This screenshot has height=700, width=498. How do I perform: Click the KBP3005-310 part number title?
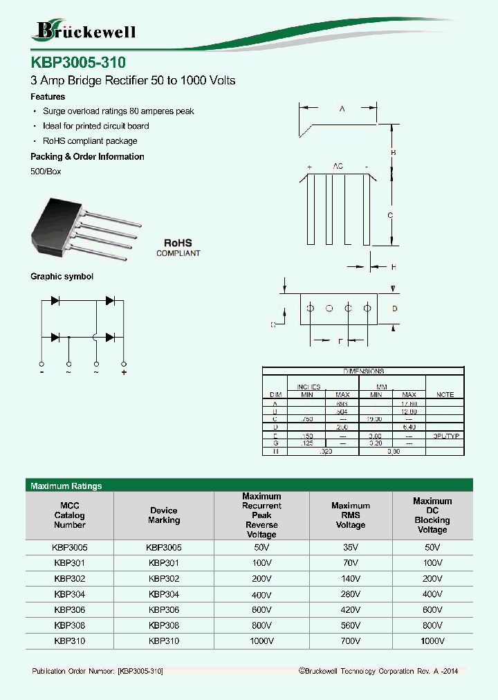click(x=78, y=62)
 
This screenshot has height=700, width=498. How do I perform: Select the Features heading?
click(x=48, y=97)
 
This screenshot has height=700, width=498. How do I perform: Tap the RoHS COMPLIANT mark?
click(x=178, y=248)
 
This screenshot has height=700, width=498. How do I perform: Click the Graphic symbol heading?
click(x=62, y=277)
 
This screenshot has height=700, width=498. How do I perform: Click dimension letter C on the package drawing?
click(x=390, y=216)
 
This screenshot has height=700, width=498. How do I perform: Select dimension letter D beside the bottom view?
click(x=394, y=308)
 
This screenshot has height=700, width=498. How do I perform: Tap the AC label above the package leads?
click(x=338, y=167)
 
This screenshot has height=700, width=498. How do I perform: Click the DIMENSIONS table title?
click(x=363, y=371)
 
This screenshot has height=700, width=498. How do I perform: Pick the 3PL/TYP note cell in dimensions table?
click(x=446, y=436)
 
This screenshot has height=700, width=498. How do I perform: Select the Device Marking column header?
click(x=164, y=515)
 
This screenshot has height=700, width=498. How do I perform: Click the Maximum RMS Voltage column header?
click(x=351, y=515)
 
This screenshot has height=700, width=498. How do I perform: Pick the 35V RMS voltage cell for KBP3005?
click(x=351, y=547)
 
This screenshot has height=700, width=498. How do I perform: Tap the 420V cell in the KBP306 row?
click(x=351, y=610)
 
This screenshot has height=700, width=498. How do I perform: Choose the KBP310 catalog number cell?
click(x=70, y=641)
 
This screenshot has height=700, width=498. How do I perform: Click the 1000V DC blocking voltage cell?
click(x=432, y=641)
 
